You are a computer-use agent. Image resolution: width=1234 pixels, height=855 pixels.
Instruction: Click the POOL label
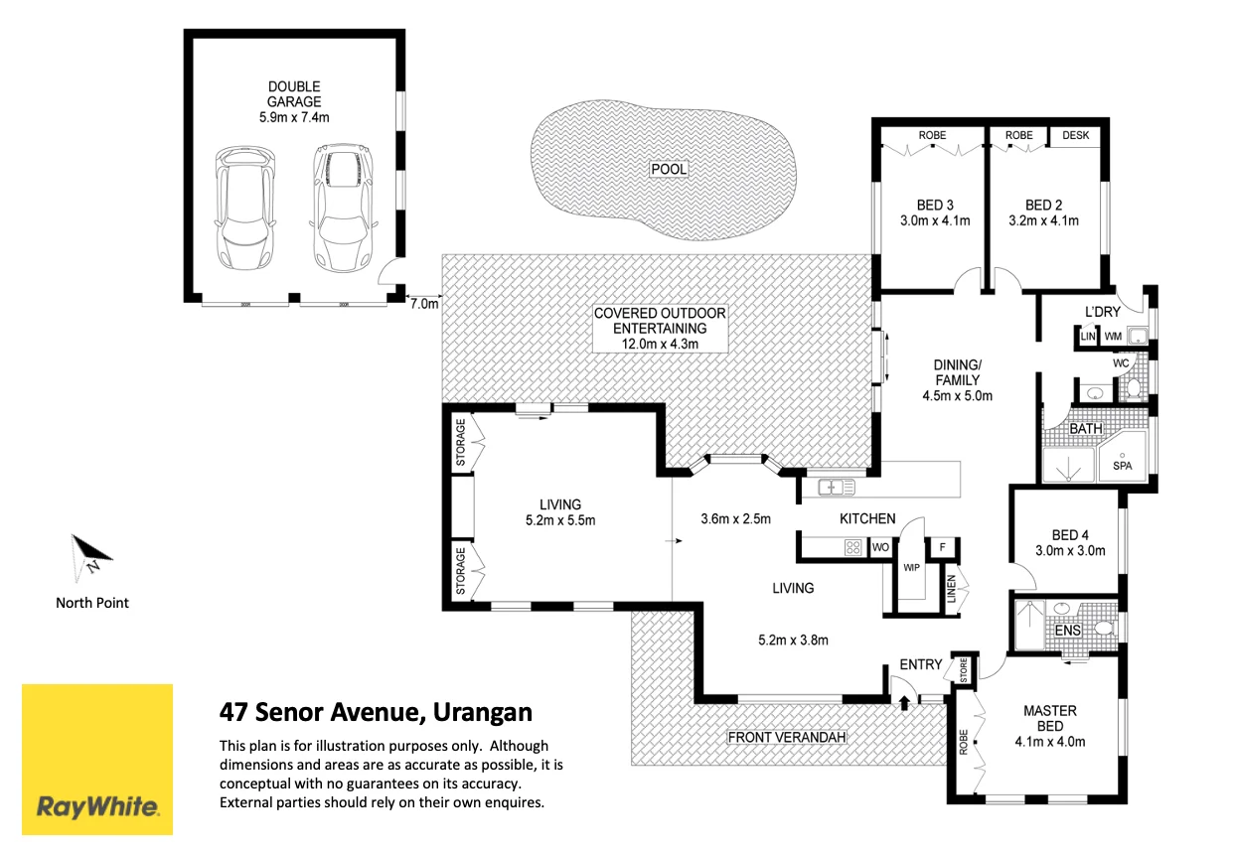coord(669,169)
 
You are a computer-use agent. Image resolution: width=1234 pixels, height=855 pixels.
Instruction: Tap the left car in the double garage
coord(244,208)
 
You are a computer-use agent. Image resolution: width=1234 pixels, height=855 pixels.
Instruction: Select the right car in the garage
coord(343,208)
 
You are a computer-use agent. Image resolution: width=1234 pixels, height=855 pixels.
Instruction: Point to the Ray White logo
coord(97,760)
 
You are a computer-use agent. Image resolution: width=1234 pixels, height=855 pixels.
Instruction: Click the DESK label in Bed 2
coord(1075,135)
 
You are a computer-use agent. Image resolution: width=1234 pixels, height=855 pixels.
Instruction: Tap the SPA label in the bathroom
coord(1122,466)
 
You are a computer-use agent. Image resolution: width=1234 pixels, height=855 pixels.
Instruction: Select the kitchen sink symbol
coord(837,488)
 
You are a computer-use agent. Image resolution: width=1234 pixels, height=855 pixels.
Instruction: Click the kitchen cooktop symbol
coord(852,547)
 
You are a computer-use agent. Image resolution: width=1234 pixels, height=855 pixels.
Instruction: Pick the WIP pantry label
coord(912,568)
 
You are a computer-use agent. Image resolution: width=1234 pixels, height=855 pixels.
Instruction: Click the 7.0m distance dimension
coord(424,304)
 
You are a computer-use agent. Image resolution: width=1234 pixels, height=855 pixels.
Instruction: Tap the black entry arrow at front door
coord(904,703)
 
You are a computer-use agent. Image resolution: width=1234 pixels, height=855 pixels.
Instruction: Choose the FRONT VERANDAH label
coord(787,737)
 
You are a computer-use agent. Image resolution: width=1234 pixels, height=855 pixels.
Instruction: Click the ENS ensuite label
coord(1068,631)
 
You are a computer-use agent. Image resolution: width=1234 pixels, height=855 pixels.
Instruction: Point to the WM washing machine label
coord(1113,337)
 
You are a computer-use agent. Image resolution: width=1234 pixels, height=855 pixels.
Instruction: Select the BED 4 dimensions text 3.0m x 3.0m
coord(1070,550)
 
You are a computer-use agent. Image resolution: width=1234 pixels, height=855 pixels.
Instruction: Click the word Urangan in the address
coord(483,712)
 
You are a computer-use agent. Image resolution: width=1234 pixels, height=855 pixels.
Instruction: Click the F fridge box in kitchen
coord(943,547)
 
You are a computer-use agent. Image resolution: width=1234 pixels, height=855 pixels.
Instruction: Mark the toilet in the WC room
coord(1133,387)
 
